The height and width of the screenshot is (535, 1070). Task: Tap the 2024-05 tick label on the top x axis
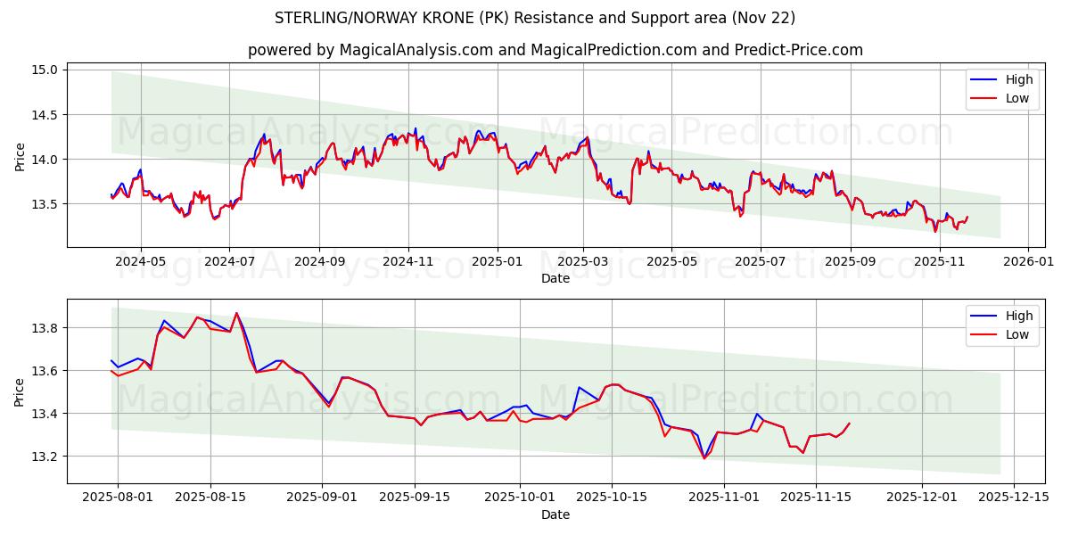[x=141, y=262]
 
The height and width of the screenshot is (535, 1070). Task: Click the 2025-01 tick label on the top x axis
[x=497, y=262]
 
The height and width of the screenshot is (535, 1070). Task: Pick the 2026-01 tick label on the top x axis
[x=1029, y=262]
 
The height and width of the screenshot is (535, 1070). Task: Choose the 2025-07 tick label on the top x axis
[x=760, y=262]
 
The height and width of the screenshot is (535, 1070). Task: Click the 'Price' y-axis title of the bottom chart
[x=20, y=391]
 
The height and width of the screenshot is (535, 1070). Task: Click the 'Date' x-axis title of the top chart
[x=555, y=278]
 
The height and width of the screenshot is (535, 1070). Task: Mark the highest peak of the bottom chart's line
[x=236, y=313]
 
